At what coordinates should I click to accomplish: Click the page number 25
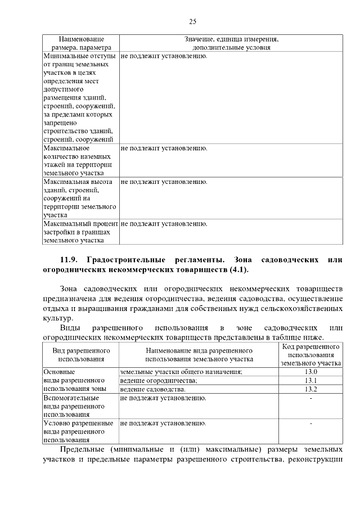coord(192,22)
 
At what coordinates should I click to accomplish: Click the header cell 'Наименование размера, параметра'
coord(81,43)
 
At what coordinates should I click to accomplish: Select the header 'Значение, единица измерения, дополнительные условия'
coord(231,43)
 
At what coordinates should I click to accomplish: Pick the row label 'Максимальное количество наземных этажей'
coord(78,160)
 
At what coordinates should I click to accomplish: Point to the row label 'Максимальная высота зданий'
coord(78,198)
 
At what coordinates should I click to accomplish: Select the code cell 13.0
coord(310,372)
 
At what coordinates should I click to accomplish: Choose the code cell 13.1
coord(310,380)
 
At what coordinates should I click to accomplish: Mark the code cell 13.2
coord(310,389)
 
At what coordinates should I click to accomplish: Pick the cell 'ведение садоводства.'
coord(152,389)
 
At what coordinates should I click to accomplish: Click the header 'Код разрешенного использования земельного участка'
coord(310,354)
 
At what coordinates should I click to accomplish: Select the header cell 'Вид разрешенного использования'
coord(81,354)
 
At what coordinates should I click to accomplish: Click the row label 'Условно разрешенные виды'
coord(78,431)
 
